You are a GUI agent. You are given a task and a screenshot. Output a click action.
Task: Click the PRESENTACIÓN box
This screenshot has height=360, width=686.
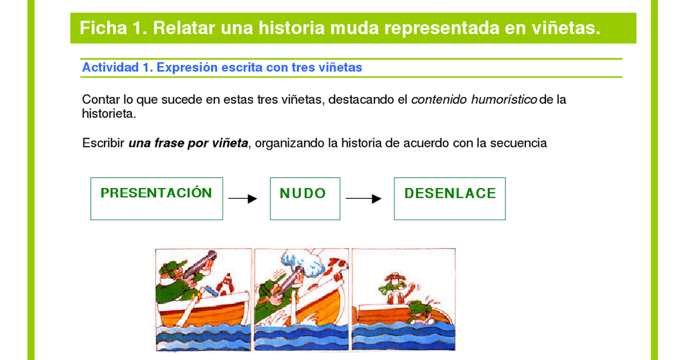pos(157,199)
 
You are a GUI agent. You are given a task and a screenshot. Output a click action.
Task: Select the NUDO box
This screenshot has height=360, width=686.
pos(305,199)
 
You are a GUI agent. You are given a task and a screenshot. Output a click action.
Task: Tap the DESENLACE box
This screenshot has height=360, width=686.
pos(449,199)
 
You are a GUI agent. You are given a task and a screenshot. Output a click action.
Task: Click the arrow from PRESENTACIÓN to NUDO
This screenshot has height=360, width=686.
pos(242,199)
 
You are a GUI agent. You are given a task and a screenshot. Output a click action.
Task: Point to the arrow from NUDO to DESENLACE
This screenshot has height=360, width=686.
pos(364,199)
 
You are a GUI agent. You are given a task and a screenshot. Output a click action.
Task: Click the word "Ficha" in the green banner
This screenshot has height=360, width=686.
pos(103,28)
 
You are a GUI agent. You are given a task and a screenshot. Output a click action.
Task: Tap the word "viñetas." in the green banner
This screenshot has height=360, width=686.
pos(565,28)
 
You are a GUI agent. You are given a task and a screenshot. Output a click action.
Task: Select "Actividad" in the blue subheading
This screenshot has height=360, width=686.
pos(110,67)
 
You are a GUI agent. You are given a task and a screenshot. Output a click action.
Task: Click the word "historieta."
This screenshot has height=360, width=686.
pos(109,114)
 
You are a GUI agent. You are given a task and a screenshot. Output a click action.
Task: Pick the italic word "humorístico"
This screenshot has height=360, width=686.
pos(504,99)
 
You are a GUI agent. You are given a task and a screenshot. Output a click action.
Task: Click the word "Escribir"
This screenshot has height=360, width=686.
pos(103,143)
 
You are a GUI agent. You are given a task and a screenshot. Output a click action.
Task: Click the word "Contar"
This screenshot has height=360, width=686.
pos(101,99)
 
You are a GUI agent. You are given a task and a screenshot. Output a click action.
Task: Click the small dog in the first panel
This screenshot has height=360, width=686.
pos(226,285)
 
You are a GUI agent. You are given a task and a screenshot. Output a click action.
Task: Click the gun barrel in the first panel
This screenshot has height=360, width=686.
pos(200,264)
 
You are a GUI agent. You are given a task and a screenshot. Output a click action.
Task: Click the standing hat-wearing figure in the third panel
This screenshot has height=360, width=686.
pos(394,288)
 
